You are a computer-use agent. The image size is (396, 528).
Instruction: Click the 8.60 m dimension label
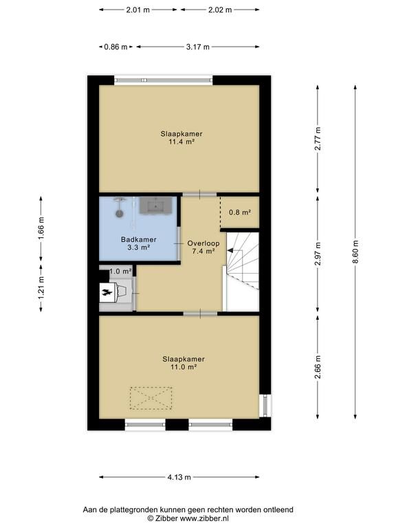[355, 252]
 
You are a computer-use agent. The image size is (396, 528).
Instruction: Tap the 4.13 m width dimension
[179, 477]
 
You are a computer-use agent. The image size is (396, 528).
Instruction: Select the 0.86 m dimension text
[115, 47]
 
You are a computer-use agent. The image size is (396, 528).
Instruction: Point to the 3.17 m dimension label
[198, 47]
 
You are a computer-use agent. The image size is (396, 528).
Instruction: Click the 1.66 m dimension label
[41, 228]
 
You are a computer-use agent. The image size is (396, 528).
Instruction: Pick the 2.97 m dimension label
[318, 254]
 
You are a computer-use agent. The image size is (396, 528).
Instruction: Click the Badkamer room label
[139, 240]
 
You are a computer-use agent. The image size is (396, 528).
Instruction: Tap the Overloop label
[203, 243]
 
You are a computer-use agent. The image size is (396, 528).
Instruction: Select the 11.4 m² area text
[181, 142]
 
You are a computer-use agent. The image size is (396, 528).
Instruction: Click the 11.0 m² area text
[184, 367]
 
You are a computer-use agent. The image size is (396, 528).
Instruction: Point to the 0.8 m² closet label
[240, 212]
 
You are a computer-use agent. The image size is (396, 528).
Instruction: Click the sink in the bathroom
[155, 206]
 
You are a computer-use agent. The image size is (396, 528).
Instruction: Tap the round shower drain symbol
[119, 213]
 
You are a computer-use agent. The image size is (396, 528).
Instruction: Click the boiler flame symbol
[107, 293]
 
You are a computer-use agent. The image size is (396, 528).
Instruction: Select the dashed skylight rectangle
[151, 398]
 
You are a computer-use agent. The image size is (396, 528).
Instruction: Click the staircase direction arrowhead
[230, 250]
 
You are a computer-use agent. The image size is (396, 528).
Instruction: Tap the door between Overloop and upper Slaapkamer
[199, 195]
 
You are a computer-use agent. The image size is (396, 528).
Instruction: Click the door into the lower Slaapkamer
[200, 313]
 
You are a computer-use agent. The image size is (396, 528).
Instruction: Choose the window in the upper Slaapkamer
[164, 80]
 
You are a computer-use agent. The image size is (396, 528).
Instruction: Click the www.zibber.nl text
[204, 518]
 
